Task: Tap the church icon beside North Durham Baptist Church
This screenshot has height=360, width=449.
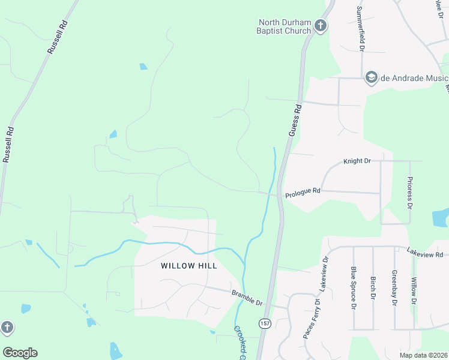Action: pyautogui.click(x=321, y=26)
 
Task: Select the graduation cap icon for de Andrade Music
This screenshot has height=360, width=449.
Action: pyautogui.click(x=371, y=77)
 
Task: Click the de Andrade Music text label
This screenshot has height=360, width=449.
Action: pyautogui.click(x=415, y=78)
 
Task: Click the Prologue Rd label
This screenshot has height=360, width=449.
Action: pyautogui.click(x=303, y=193)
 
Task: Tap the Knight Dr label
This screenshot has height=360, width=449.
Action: pyautogui.click(x=357, y=161)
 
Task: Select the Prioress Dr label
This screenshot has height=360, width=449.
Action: pyautogui.click(x=411, y=192)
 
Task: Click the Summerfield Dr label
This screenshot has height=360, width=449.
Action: pyautogui.click(x=361, y=29)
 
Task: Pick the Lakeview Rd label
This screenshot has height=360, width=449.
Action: pyautogui.click(x=424, y=253)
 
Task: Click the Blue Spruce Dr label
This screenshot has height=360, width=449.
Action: pyautogui.click(x=354, y=287)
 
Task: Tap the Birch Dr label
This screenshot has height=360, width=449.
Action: pyautogui.click(x=373, y=288)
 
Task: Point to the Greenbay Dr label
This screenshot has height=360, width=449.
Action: pyautogui.click(x=394, y=288)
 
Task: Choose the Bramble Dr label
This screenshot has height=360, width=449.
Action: pyautogui.click(x=247, y=298)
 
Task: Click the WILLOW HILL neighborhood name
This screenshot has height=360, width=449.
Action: pyautogui.click(x=188, y=265)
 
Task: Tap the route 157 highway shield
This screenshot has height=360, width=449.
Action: pyautogui.click(x=264, y=323)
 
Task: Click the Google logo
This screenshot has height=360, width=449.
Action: pyautogui.click(x=20, y=353)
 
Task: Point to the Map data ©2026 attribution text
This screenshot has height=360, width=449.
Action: pyautogui.click(x=423, y=355)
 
